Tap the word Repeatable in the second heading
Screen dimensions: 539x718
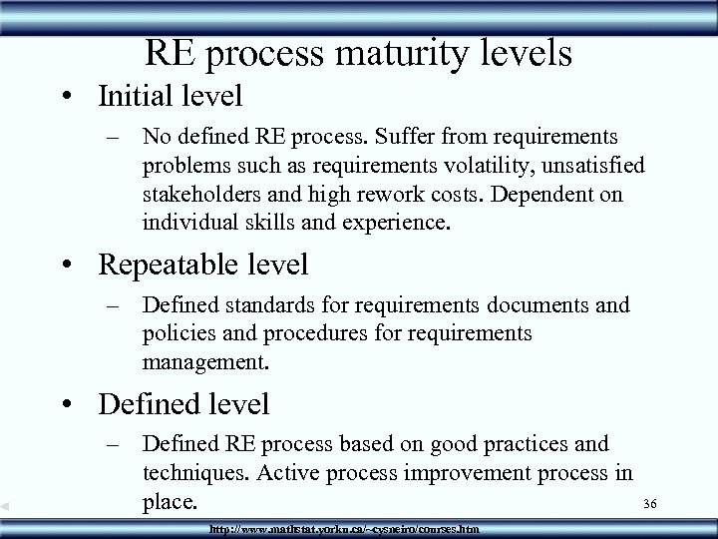coord(169,265)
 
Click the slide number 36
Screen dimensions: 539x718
coord(648,503)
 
